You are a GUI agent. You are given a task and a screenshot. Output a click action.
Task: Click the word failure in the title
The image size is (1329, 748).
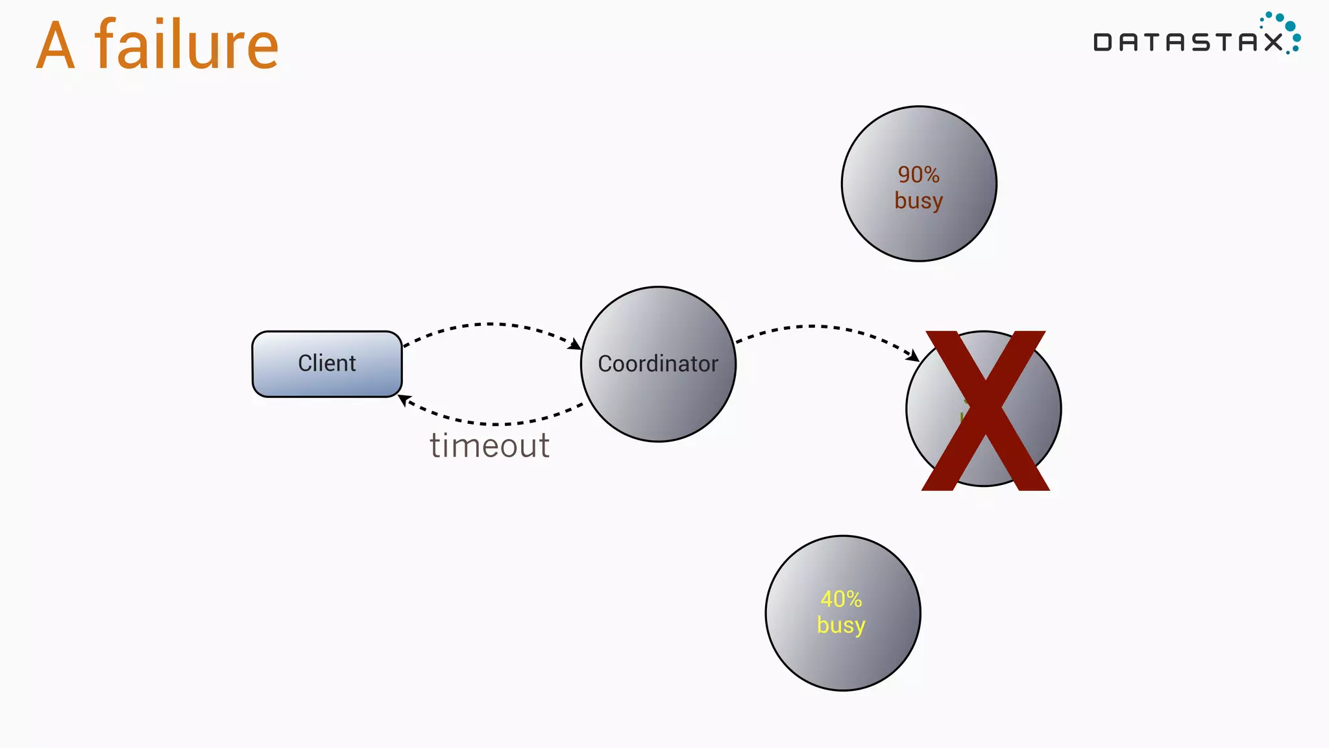(187, 45)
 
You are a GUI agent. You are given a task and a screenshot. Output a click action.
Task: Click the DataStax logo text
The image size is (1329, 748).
(1188, 43)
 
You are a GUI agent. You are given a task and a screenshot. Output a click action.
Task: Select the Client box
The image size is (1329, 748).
(326, 364)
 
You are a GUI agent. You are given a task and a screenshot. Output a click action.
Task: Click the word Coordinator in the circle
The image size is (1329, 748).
(657, 364)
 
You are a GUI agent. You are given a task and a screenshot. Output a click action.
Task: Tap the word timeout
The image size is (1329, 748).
(489, 445)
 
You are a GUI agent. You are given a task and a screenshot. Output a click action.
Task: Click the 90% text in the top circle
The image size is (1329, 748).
(918, 175)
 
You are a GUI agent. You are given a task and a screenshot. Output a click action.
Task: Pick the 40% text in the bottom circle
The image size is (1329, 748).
(841, 599)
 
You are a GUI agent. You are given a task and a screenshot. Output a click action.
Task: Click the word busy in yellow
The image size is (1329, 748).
(841, 625)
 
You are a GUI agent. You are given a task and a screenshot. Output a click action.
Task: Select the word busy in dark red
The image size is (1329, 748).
(918, 201)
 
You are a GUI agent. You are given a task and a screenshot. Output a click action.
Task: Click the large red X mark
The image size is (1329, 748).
(985, 410)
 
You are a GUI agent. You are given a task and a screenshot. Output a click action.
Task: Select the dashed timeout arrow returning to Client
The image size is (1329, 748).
(493, 423)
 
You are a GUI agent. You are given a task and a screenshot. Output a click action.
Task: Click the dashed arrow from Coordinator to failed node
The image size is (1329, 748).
(818, 327)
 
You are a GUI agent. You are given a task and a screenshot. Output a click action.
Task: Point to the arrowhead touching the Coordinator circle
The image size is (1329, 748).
(575, 344)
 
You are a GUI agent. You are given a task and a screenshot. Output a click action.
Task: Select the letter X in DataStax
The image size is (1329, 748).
(1273, 43)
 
